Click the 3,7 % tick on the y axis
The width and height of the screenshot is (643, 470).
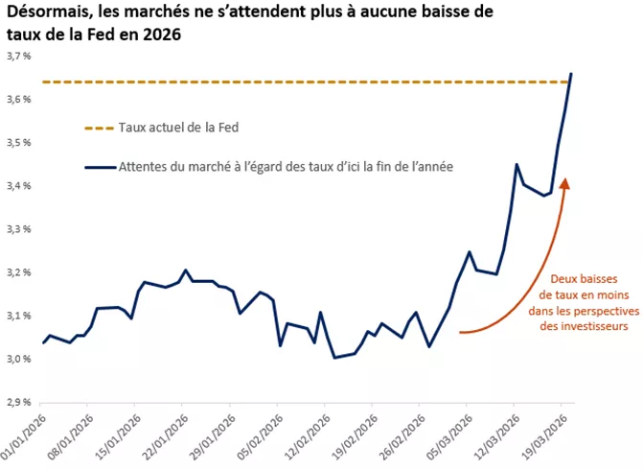coord(17,57)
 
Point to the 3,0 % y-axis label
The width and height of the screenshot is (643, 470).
coord(17,360)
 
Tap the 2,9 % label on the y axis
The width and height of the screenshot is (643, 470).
coord(17,403)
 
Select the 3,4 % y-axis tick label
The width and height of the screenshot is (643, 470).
coord(17,186)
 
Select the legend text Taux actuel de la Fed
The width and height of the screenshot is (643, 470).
coord(178,127)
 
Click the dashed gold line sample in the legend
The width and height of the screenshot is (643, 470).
coord(100,127)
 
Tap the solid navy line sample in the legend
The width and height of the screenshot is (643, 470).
coord(100,167)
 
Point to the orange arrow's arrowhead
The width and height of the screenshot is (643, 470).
coord(565,183)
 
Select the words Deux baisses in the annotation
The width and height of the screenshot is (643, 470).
coord(576,279)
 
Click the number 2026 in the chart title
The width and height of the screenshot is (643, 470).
coord(156,35)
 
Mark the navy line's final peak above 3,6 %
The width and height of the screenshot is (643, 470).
coord(572,73)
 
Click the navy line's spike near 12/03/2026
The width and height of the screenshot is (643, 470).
coord(517,165)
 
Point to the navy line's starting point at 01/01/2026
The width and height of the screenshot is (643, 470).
coord(43,342)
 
